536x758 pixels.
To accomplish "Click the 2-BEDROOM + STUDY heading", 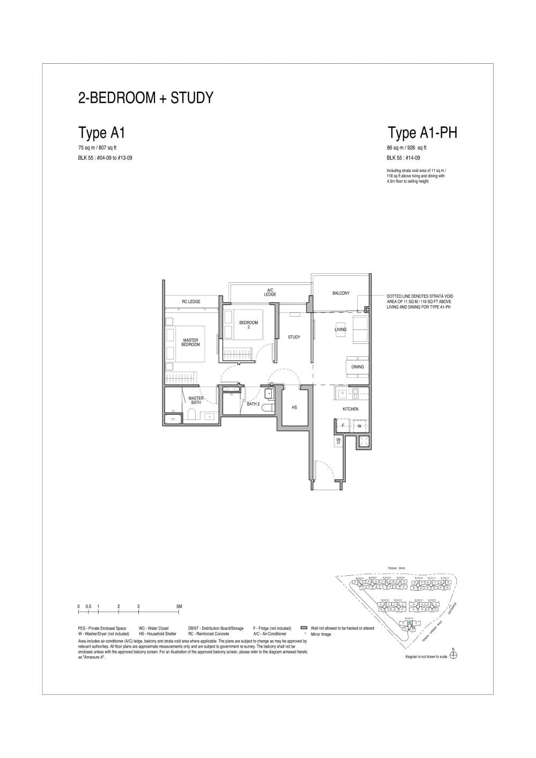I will (146, 98).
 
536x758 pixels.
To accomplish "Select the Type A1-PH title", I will (422, 132).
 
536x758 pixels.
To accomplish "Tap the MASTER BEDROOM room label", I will (190, 342).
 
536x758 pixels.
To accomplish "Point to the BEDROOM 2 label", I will (248, 325).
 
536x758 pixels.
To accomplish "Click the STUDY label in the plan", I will (294, 337).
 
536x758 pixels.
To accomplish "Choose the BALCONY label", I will (341, 293).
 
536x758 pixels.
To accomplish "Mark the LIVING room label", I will (341, 329).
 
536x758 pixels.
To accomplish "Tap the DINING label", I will (358, 367).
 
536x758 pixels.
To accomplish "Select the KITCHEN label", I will (351, 409).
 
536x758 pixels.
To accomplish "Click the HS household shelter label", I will (294, 408).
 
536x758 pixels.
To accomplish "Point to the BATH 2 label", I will (253, 404).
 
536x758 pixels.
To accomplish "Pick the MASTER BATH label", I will (196, 400).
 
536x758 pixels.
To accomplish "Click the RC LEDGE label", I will (191, 302).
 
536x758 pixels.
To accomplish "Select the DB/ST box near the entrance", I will (338, 441).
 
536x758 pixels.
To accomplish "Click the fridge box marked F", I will (343, 426).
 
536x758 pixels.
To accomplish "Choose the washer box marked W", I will (359, 426).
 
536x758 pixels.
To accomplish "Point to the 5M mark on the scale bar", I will (179, 606).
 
